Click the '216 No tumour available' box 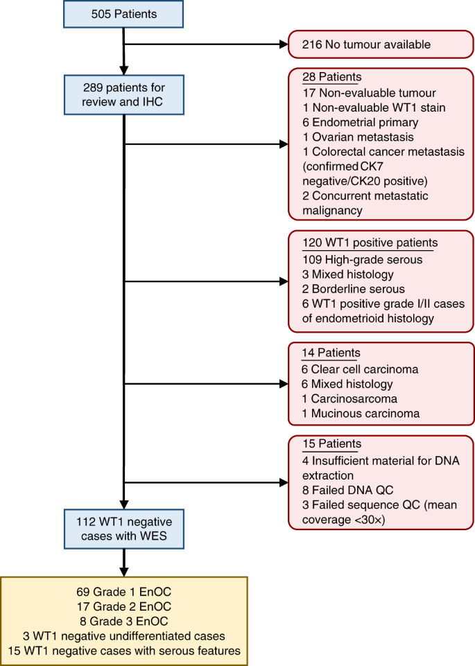pyautogui.click(x=381, y=45)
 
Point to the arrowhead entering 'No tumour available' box pyautogui.click(x=282, y=45)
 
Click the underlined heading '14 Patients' pyautogui.click(x=332, y=353)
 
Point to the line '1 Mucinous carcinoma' pyautogui.click(x=360, y=414)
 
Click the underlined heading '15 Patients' pyautogui.click(x=332, y=444)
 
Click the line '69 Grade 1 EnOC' pyautogui.click(x=123, y=593)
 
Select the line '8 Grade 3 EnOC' pyautogui.click(x=123, y=622)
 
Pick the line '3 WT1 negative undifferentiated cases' pyautogui.click(x=123, y=636)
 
